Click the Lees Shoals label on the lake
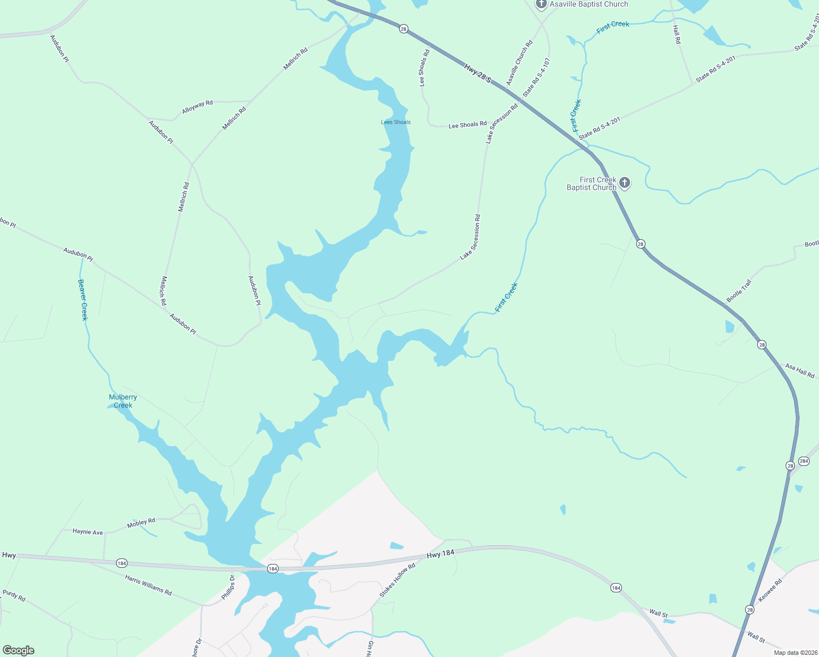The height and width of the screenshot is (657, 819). point(396,122)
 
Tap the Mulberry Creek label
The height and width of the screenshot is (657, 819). point(123,401)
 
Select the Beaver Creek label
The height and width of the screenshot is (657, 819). point(83,299)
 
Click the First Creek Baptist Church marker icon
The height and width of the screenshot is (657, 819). point(625,183)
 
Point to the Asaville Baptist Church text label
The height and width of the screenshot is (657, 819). point(589,4)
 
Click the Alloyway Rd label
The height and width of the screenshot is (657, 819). point(197,107)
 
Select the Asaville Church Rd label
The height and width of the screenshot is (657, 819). point(519,63)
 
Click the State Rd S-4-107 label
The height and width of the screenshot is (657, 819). point(537,78)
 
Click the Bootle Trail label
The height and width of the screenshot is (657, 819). point(739,291)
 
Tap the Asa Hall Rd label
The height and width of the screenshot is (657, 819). point(800,371)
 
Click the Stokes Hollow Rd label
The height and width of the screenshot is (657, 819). point(397,580)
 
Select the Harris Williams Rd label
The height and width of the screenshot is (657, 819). point(148,585)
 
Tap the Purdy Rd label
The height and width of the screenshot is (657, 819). point(14,595)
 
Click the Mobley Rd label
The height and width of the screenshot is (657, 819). point(141,523)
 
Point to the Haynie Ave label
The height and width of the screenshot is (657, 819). point(88,532)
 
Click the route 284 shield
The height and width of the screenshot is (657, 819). point(804,461)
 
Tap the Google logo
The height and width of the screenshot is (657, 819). point(18,650)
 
